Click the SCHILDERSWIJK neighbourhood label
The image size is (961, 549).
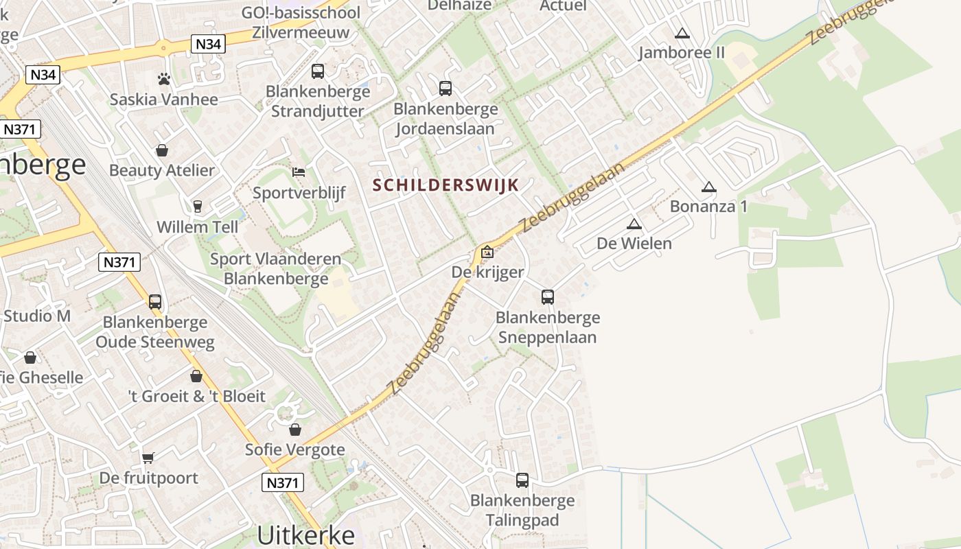point(445,185)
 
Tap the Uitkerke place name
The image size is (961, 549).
point(306,535)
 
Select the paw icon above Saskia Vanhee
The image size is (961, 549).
point(163,79)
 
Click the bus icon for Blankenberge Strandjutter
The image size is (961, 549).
point(318,71)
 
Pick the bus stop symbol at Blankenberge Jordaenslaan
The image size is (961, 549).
point(445,88)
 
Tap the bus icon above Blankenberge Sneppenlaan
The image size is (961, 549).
point(547,297)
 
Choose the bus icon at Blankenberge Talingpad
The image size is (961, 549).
point(522,480)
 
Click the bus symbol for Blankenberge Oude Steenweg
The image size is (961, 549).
point(155,301)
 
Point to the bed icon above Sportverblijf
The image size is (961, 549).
point(299,172)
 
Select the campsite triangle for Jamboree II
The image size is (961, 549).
point(682,33)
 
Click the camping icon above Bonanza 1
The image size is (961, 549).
point(708,187)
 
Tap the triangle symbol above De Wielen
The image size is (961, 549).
point(634,224)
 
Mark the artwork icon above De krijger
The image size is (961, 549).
point(487,252)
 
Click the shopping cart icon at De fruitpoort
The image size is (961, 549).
point(148,458)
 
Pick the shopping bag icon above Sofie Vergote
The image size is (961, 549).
point(295,430)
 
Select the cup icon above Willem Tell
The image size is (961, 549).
point(198,206)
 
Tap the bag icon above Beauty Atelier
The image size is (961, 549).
point(162,150)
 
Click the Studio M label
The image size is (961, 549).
point(37,316)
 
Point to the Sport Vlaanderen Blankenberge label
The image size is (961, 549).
point(276,269)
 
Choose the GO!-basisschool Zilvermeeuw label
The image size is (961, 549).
point(301,22)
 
